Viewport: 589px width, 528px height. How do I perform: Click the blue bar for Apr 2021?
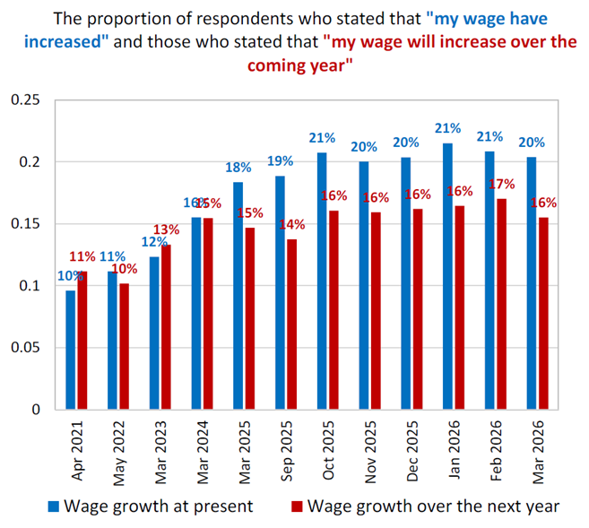tap(71, 350)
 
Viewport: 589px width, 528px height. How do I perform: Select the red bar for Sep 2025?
tap(291, 324)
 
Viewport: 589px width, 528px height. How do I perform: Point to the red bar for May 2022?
tap(124, 346)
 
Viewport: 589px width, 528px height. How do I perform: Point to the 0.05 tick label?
tap(25, 348)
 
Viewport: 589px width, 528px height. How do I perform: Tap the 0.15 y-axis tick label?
tap(25, 224)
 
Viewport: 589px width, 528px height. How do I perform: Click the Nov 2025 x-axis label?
tap(370, 447)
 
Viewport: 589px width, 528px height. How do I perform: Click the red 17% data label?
tap(502, 184)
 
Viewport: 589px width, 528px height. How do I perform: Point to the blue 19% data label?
tap(280, 161)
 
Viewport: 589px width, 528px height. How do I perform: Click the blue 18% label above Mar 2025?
tap(238, 168)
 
